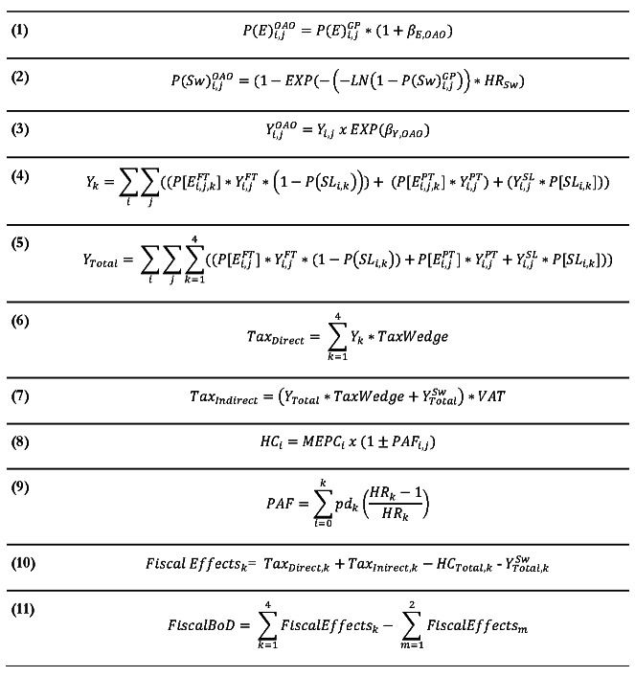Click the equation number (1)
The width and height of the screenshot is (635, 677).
[x=20, y=32]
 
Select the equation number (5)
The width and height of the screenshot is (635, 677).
[x=20, y=242]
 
